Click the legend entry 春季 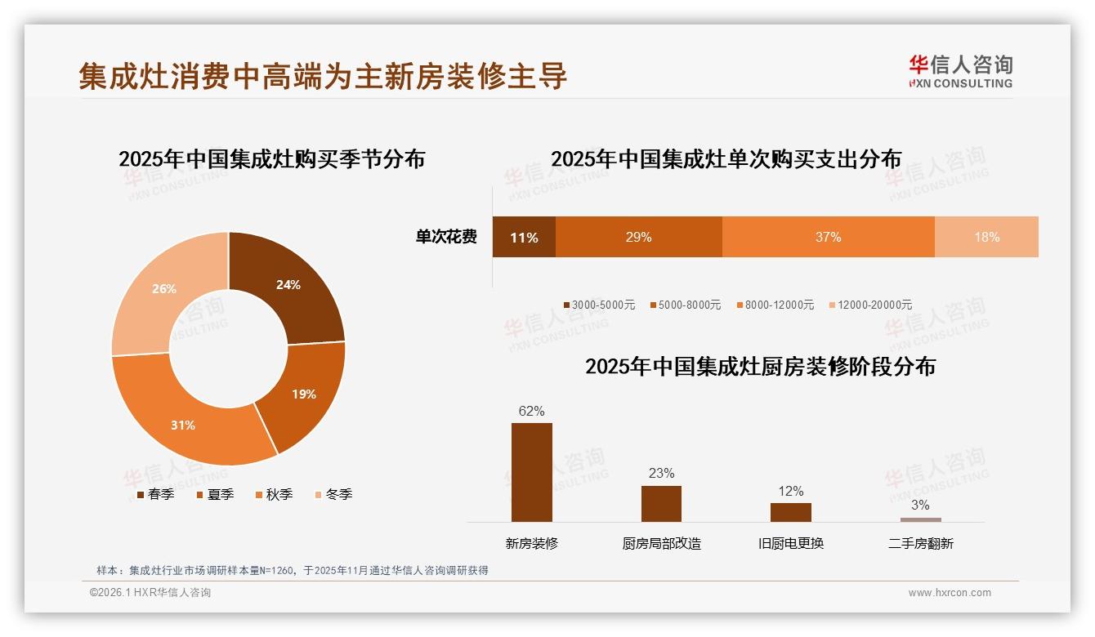[155, 494]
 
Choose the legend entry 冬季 [333, 494]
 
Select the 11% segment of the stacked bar [524, 238]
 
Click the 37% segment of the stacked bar [828, 238]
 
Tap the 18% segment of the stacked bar [986, 238]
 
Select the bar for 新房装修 [531, 472]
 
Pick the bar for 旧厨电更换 [790, 512]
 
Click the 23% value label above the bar [661, 474]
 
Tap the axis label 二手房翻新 [920, 543]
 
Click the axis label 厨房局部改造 [661, 543]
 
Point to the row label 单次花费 [446, 238]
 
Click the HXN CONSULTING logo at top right [960, 72]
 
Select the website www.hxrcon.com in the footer [950, 593]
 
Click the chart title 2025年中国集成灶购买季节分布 [271, 158]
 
